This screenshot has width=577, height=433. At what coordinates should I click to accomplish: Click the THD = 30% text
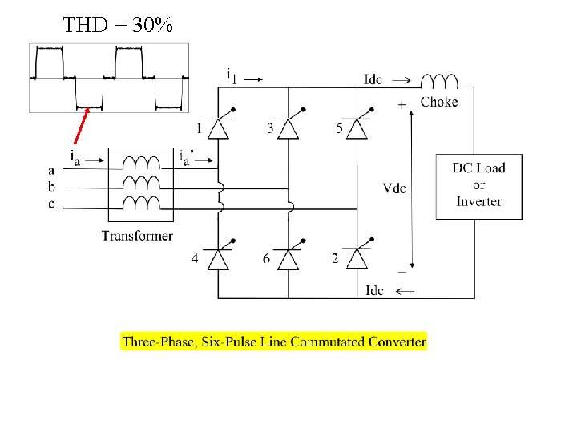(117, 25)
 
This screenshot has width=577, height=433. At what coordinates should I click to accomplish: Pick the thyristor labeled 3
(288, 127)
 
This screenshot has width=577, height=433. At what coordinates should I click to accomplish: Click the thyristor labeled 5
(358, 127)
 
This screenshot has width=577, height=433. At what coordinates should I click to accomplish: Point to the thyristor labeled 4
(219, 257)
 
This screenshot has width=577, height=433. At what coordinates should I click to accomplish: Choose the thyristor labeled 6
(288, 257)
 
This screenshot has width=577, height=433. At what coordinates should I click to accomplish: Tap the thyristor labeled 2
(358, 257)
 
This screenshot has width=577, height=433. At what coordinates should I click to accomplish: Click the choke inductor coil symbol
(439, 80)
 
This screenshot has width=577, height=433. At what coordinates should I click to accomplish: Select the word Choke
(439, 102)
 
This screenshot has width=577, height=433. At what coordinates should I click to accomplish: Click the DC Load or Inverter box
(479, 186)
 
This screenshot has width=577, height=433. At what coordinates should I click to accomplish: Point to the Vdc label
(394, 188)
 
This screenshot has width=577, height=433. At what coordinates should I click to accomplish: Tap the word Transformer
(137, 235)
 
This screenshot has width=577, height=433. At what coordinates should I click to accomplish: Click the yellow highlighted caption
(274, 342)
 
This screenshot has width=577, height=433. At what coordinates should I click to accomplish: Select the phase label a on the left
(51, 170)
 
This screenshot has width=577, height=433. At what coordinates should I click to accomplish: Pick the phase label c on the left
(51, 204)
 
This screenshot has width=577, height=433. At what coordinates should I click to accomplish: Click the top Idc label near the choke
(373, 79)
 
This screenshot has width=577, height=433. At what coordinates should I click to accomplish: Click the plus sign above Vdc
(401, 104)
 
